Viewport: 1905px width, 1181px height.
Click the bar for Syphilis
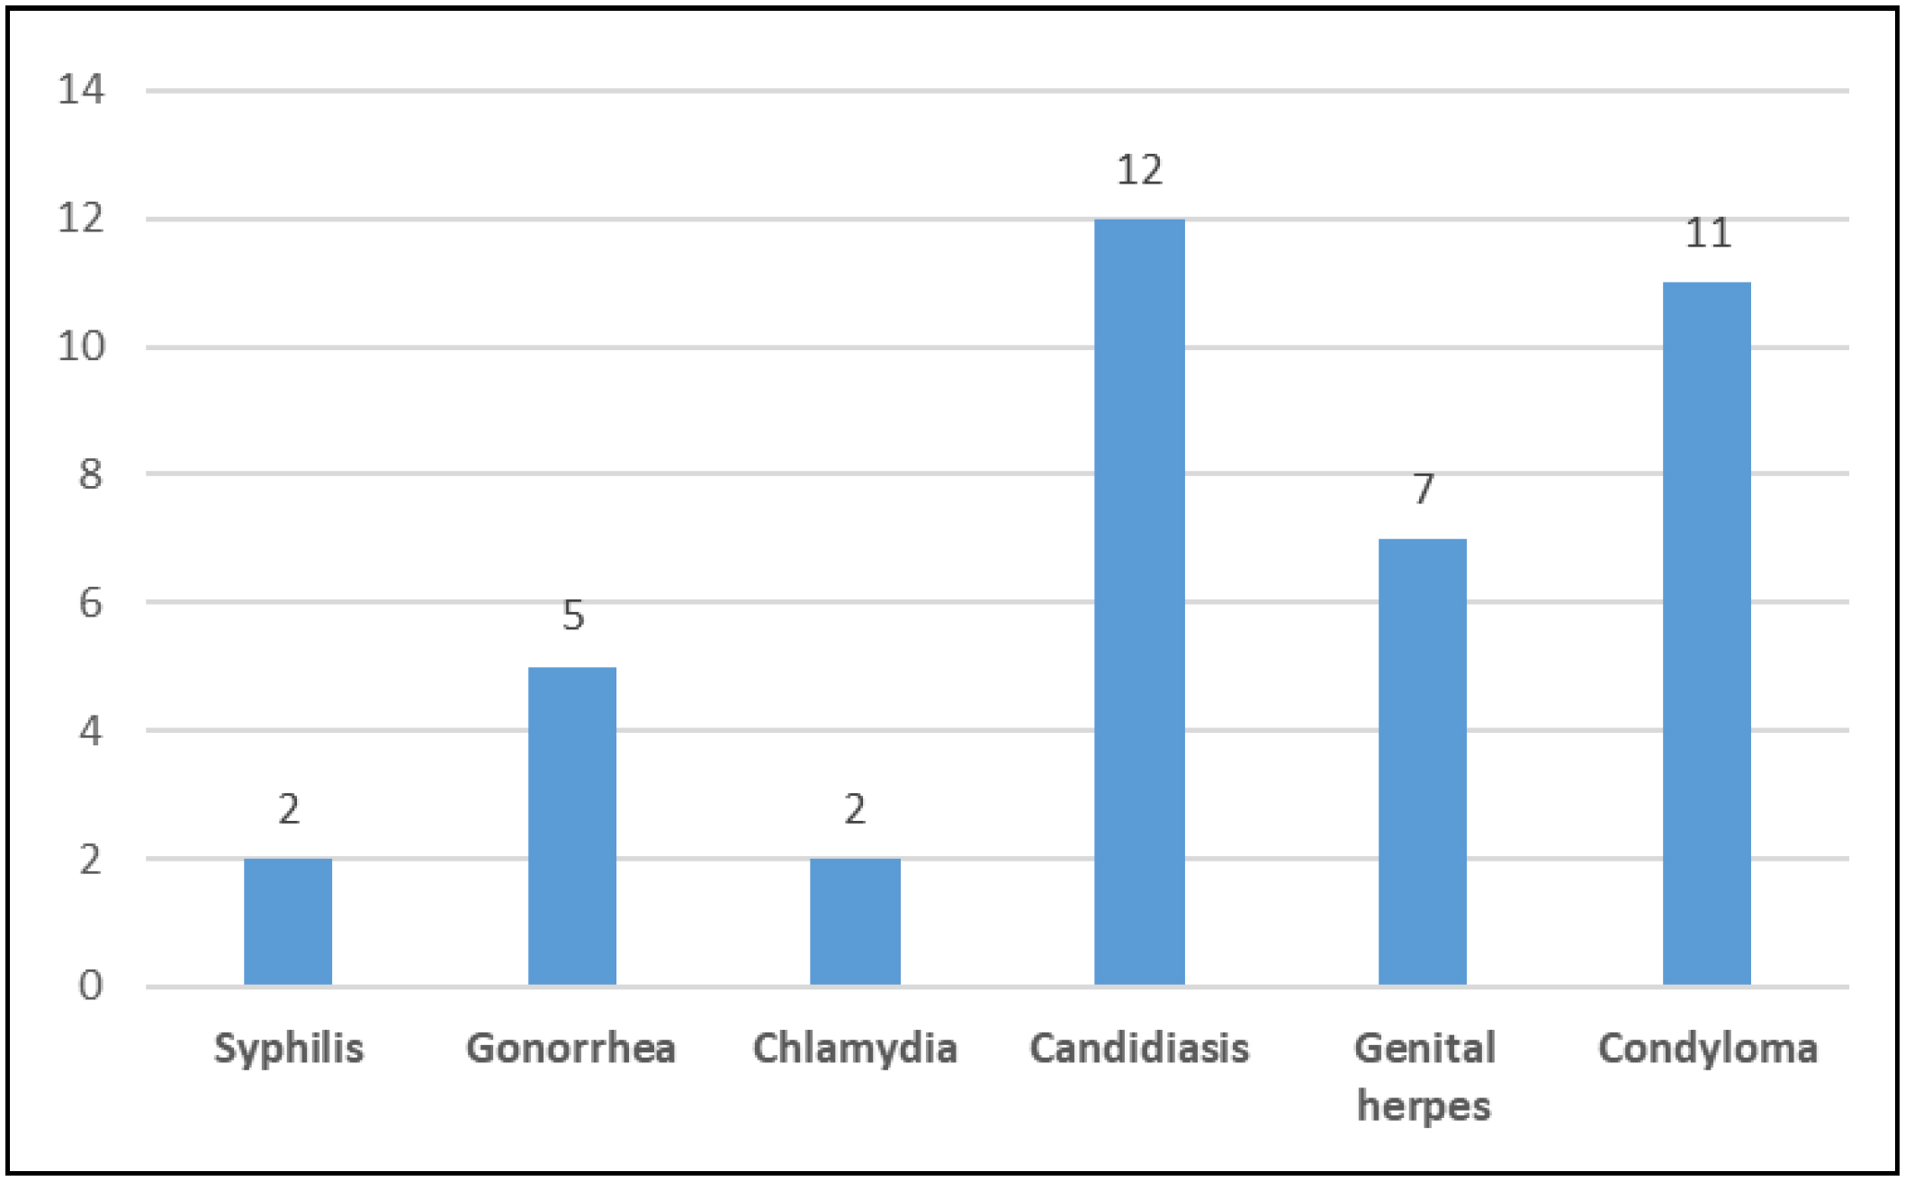pos(288,921)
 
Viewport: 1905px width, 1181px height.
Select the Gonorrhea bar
pos(572,825)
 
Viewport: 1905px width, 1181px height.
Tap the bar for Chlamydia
pos(855,921)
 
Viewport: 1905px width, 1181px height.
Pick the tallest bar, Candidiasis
pos(1139,601)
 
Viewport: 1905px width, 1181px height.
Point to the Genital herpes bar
pos(1423,762)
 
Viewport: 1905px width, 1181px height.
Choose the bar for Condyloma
pos(1707,633)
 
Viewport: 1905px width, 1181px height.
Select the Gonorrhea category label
pos(571,1049)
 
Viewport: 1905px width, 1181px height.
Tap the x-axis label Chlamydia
pos(855,1049)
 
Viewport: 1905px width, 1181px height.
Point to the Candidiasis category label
pos(1139,1049)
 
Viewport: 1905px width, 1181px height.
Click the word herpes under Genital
pos(1424,1106)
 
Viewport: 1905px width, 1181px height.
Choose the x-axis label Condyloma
pos(1708,1049)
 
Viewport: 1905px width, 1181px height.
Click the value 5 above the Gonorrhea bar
pos(573,615)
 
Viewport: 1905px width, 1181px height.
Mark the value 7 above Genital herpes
pos(1423,489)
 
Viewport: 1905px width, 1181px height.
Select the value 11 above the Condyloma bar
pos(1707,233)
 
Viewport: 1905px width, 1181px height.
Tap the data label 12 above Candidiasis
pos(1139,170)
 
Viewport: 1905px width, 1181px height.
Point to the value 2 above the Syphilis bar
pos(289,809)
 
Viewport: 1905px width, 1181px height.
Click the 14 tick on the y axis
pos(81,90)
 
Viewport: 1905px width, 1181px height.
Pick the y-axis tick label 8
pos(90,474)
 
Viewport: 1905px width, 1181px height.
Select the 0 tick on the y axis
pos(90,987)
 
